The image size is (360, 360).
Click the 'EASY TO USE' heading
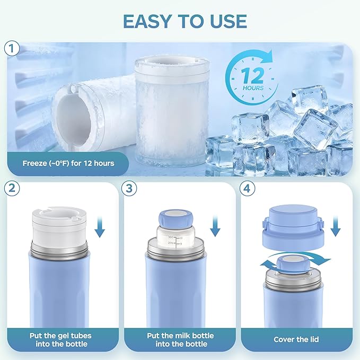coord(185,21)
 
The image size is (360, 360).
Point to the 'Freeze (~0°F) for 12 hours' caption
coord(68,163)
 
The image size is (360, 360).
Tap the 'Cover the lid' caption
coord(296,339)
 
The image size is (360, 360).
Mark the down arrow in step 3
coord(215,225)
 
